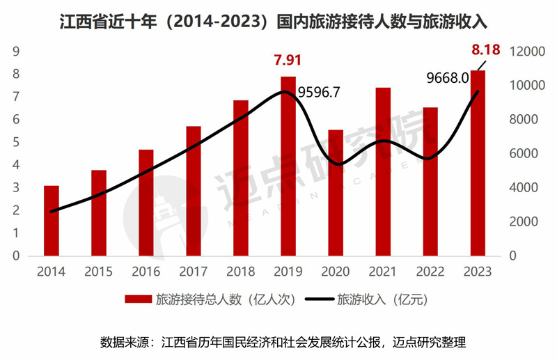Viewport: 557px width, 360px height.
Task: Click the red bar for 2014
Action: (52, 221)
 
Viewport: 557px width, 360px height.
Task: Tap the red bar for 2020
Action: (336, 192)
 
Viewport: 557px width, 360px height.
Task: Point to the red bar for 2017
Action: (194, 191)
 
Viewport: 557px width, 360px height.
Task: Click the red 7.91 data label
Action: (288, 60)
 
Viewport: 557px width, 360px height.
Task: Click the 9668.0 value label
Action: (447, 78)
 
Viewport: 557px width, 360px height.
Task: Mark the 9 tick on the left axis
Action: (15, 51)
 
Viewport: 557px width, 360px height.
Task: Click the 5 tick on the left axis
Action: (15, 142)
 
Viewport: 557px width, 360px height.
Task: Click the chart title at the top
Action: (278, 22)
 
